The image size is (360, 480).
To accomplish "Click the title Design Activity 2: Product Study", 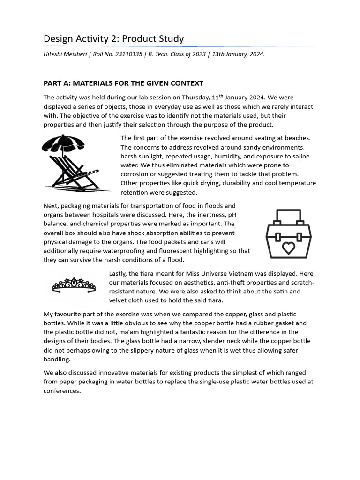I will coord(113,38).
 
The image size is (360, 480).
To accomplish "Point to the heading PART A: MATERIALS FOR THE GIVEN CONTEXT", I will coord(123,83).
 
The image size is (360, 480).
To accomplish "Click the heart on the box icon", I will coord(288,247).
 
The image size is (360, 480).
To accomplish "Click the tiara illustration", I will coord(74,285).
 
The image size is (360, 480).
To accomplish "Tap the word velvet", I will coord(119,300).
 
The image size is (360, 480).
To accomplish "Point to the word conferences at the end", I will coord(62,390).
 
